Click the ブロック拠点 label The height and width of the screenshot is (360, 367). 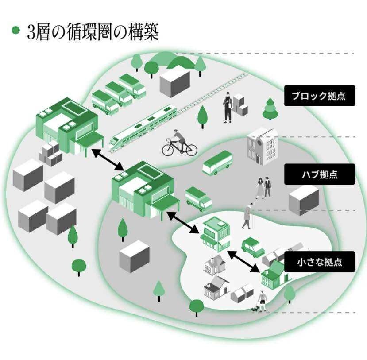click(319, 96)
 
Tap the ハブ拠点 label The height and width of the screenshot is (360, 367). click(319, 174)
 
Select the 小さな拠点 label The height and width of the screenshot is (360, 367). click(319, 262)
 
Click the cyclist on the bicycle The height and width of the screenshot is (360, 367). click(179, 143)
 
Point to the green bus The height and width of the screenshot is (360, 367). click(217, 162)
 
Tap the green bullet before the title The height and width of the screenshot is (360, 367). click(16, 31)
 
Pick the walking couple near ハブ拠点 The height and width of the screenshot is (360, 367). click(263, 187)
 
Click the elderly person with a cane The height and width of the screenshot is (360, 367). click(248, 216)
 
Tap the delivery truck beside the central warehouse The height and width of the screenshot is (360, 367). click(199, 199)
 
